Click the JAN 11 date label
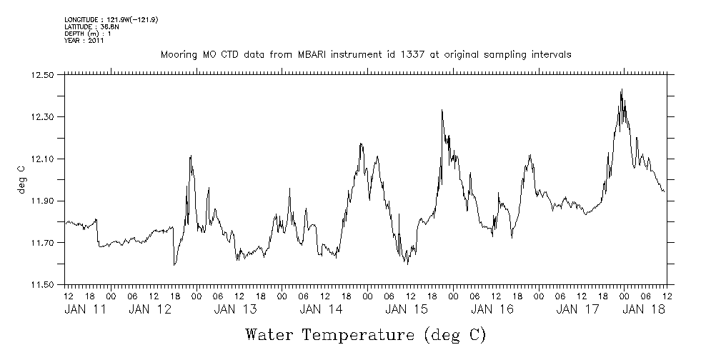click(x=84, y=309)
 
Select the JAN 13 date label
click(x=235, y=309)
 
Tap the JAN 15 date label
click(x=406, y=309)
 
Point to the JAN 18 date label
click(x=644, y=309)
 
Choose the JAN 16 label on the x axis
click(x=492, y=309)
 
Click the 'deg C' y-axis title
click(x=21, y=179)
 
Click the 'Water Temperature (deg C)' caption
click(x=366, y=334)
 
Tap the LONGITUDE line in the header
click(x=111, y=19)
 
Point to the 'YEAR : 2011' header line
click(x=84, y=41)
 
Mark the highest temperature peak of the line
click(x=622, y=89)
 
